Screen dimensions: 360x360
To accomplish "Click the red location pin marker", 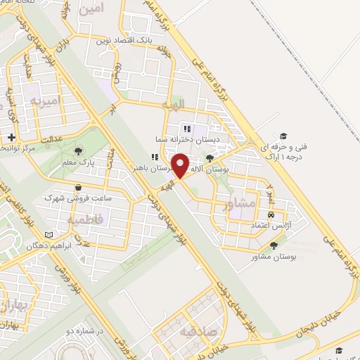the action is tap(181, 165).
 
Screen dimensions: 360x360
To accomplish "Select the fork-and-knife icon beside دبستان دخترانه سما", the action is tap(187, 129).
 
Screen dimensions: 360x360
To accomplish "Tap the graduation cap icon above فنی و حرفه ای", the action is tap(283, 136).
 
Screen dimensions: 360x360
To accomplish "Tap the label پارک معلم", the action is tap(79, 163).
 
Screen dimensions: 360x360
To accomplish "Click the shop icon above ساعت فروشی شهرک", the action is tap(78, 188).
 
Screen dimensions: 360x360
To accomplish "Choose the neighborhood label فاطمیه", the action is tap(86, 220).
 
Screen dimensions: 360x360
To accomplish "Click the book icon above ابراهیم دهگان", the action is tap(48, 235).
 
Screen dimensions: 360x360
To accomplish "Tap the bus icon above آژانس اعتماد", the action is tap(271, 214).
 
